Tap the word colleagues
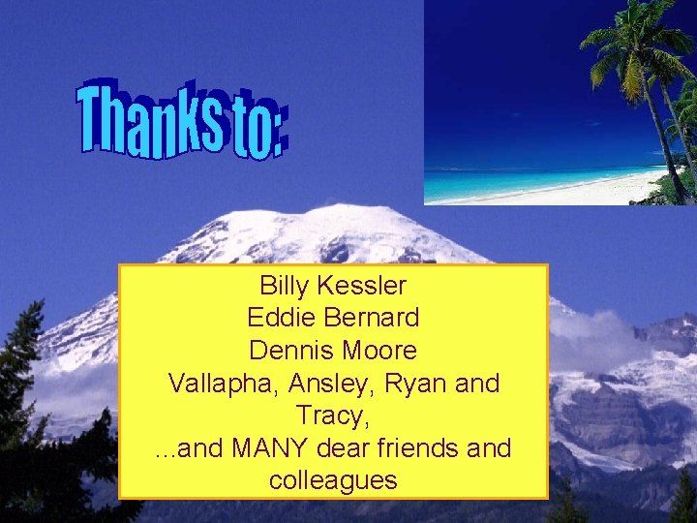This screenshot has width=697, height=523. [x=333, y=480]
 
